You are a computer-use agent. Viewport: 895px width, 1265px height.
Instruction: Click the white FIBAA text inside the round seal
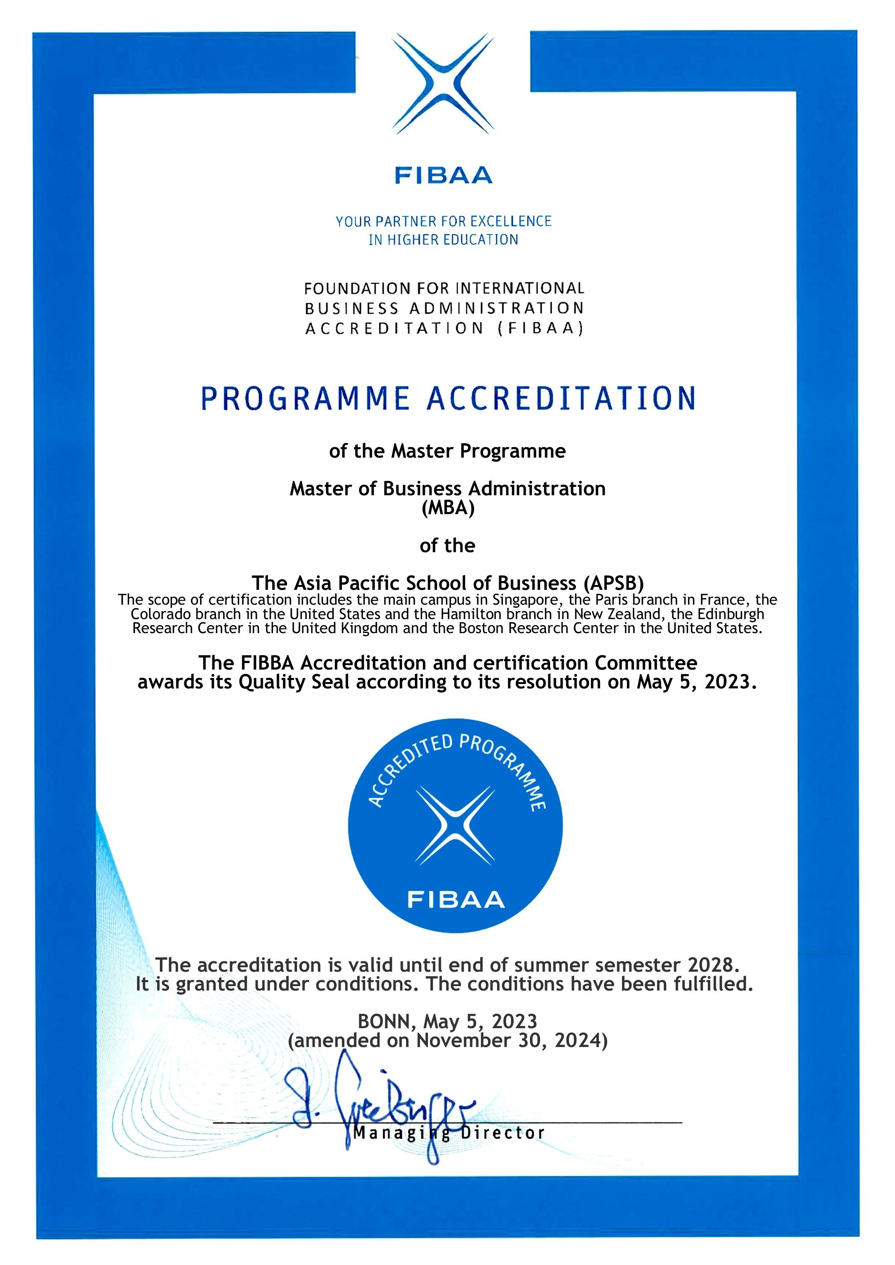(456, 900)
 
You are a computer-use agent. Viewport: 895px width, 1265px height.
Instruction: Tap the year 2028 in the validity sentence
(711, 965)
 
